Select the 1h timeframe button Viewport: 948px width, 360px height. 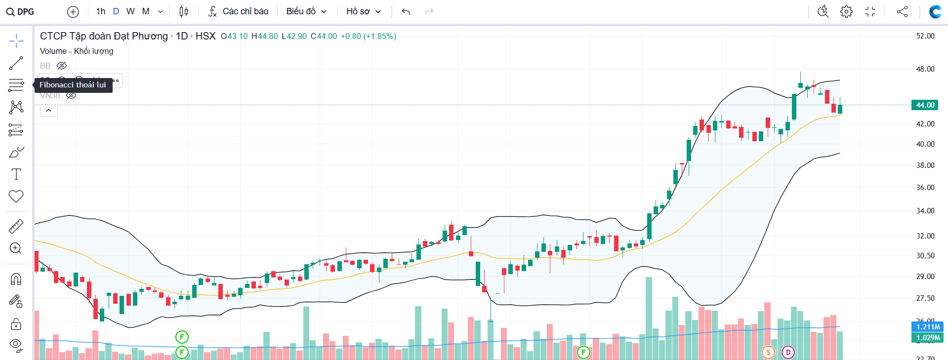click(x=101, y=11)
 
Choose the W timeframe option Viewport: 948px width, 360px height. click(x=130, y=11)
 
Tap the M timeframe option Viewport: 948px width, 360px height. click(x=146, y=11)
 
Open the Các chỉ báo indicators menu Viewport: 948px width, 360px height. click(x=238, y=11)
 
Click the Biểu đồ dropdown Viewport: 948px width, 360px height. click(x=306, y=11)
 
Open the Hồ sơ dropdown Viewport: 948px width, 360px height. click(x=364, y=11)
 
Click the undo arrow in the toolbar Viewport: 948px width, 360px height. click(x=406, y=11)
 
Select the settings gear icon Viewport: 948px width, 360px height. click(x=846, y=11)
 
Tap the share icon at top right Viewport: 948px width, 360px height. click(x=902, y=11)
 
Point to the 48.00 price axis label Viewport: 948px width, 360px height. click(x=925, y=69)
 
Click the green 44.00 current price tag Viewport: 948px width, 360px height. click(x=925, y=105)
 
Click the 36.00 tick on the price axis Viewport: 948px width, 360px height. click(x=925, y=188)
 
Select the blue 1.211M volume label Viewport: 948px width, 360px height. click(x=927, y=326)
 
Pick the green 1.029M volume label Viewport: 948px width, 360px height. click(x=927, y=338)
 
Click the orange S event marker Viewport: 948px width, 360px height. click(x=768, y=352)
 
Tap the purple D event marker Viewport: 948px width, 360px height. click(x=788, y=352)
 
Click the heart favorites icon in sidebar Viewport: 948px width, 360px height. click(x=16, y=196)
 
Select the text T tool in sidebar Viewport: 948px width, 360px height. click(x=16, y=174)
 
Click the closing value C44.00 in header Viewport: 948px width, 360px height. click(x=324, y=36)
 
